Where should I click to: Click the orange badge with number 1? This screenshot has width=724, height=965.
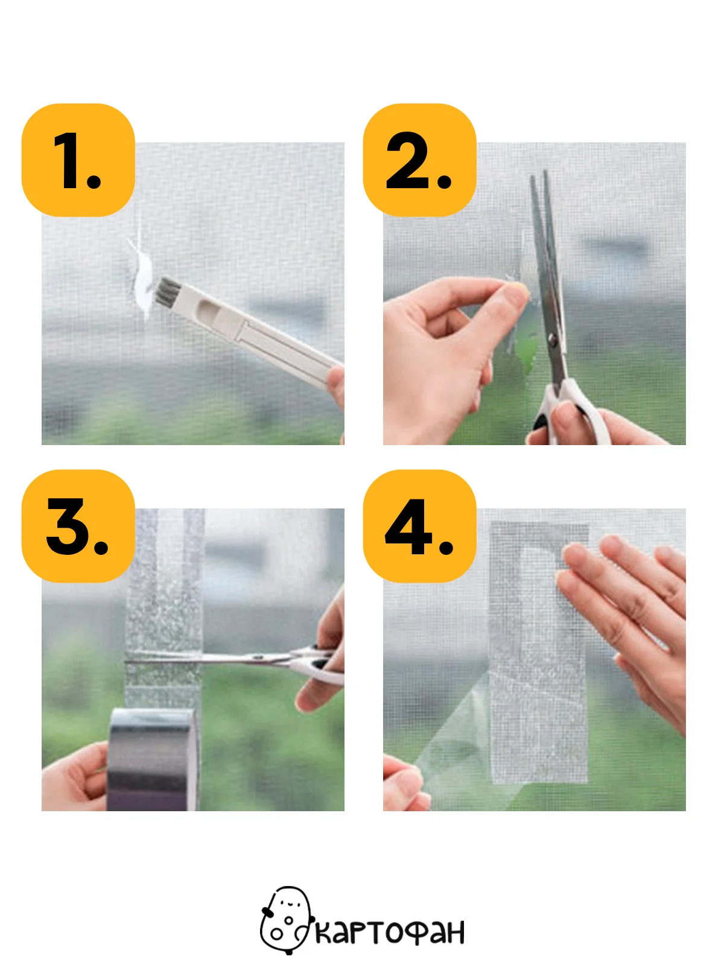click(x=78, y=160)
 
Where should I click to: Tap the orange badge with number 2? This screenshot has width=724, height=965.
click(x=419, y=160)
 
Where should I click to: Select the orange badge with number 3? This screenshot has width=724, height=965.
click(x=78, y=527)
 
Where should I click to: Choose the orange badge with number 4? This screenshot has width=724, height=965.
click(x=419, y=527)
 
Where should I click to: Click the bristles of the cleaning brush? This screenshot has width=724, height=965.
click(x=167, y=291)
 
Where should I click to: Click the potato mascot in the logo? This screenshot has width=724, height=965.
click(x=287, y=920)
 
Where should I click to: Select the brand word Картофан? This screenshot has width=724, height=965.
click(x=390, y=931)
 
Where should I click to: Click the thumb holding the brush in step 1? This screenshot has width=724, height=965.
click(x=336, y=387)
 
